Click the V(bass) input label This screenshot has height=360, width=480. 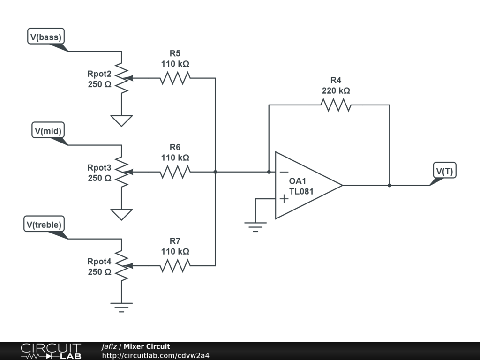pos(46,37)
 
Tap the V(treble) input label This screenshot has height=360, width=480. pos(44,225)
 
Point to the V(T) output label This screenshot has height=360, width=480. pos(444,171)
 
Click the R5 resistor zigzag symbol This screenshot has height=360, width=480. pos(175,78)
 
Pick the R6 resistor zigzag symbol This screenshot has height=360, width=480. pos(175,172)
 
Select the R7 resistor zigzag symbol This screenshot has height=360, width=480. pos(175,266)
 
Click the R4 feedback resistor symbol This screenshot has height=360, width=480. pos(336,105)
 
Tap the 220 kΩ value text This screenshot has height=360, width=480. pos(336,90)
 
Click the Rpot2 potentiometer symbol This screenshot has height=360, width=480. pos(121,78)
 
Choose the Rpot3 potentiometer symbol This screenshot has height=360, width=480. pos(121,172)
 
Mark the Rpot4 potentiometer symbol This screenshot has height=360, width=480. pos(121,266)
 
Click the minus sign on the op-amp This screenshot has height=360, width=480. pos(284,172)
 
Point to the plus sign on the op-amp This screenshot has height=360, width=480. pos(284,199)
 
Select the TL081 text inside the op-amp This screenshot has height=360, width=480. pos(301,191)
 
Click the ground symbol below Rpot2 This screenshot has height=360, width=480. pos(121,120)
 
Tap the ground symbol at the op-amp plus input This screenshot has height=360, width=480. pos(255,227)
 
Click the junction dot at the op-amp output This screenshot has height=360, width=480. pos(390,185)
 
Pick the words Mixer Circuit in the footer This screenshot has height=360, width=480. pos(147,346)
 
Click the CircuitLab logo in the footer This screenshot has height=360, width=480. pos(50,351)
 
